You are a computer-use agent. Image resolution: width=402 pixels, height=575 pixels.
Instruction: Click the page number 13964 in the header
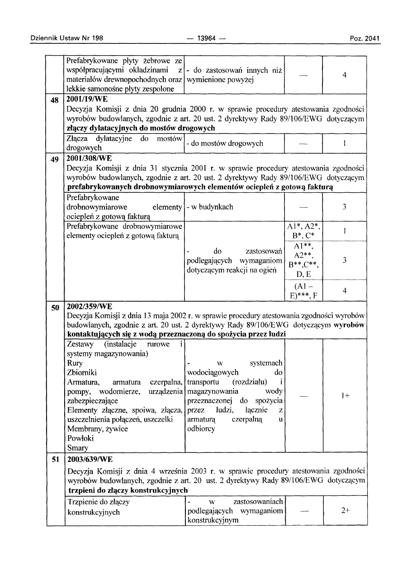(x=206, y=38)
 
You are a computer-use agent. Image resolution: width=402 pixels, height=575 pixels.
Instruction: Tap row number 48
(x=56, y=99)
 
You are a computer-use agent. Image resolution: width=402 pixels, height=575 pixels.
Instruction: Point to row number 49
(x=56, y=158)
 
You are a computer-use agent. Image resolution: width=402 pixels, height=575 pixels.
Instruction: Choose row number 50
(x=56, y=308)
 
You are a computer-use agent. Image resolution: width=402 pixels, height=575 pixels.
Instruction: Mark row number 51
(x=56, y=460)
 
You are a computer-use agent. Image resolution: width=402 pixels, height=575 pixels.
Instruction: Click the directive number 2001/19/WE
(x=86, y=99)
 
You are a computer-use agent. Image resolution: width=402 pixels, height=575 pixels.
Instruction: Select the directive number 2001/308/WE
(x=89, y=158)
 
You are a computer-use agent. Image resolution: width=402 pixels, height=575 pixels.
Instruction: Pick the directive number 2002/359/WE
(x=89, y=307)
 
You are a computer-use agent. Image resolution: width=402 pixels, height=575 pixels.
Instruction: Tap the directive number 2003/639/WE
(x=89, y=459)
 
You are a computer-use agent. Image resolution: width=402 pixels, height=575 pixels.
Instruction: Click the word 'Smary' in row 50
(x=76, y=448)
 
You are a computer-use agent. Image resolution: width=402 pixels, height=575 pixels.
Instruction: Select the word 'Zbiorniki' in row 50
(x=80, y=372)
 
